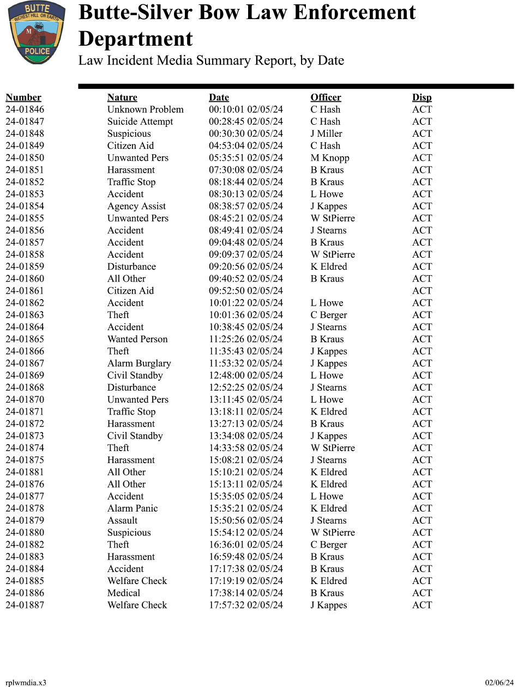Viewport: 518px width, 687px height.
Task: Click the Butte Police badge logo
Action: (x=37, y=32)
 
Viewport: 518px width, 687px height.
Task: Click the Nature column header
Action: (x=122, y=98)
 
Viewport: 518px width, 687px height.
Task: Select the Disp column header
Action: (x=421, y=98)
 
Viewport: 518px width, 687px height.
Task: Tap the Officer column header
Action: (x=326, y=98)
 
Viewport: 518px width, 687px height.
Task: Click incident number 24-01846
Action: (x=25, y=110)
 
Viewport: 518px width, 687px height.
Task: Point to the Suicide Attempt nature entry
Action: (x=140, y=121)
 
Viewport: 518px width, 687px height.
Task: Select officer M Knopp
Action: (x=330, y=158)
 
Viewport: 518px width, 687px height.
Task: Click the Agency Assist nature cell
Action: (x=136, y=206)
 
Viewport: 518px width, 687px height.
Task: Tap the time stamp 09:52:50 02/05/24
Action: (x=246, y=291)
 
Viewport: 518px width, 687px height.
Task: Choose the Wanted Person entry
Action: (x=137, y=339)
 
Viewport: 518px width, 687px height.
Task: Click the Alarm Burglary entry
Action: (x=139, y=363)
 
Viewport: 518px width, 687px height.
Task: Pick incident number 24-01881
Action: (x=25, y=472)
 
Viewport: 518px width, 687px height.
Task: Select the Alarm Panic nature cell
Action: (x=132, y=508)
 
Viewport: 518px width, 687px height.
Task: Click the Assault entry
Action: (x=122, y=520)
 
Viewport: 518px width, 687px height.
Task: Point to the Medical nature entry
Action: (x=124, y=593)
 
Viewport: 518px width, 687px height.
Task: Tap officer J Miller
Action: (x=327, y=133)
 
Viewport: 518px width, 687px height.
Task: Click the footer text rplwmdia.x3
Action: (x=26, y=683)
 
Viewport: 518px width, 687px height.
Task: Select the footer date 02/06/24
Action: (x=499, y=683)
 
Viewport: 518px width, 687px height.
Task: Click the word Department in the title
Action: (x=135, y=39)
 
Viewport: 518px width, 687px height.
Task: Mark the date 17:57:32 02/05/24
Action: (x=246, y=605)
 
